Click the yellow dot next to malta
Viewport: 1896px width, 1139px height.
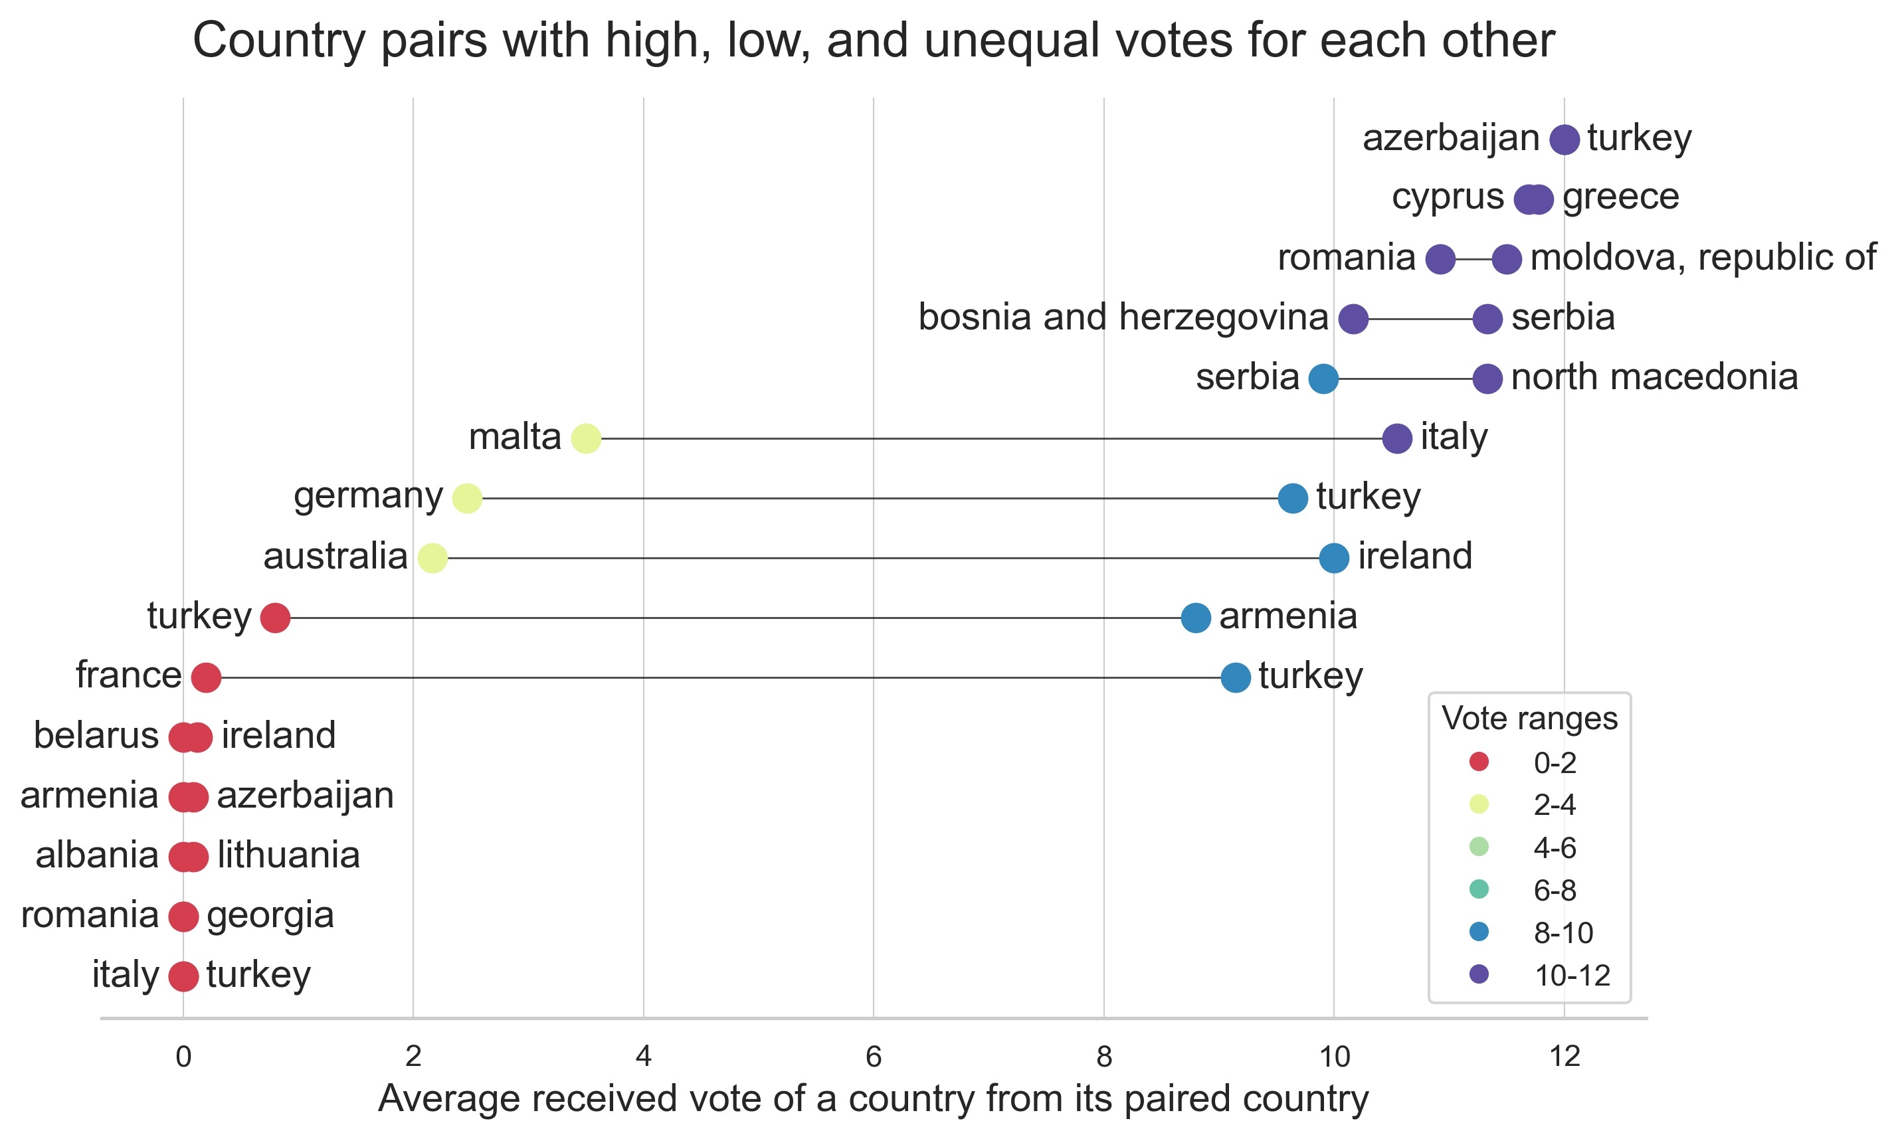tap(586, 438)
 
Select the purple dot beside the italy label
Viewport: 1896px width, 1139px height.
tap(1396, 438)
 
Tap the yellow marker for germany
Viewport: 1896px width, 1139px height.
tap(467, 498)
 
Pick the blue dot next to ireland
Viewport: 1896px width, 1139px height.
tap(1333, 558)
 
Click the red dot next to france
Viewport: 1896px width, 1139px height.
tap(206, 677)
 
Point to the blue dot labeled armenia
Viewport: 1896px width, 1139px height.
tap(1195, 618)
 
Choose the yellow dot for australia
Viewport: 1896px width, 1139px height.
tap(432, 558)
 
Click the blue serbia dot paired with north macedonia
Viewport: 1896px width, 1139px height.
tap(1323, 379)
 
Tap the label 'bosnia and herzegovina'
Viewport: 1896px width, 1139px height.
tap(1122, 317)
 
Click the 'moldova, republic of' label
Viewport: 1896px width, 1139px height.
tap(1703, 257)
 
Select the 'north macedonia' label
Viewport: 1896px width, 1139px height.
tap(1654, 377)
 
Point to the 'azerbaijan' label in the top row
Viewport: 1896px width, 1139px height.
tap(1450, 138)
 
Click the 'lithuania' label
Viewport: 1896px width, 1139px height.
tap(288, 855)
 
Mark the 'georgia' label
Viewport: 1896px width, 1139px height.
tap(270, 915)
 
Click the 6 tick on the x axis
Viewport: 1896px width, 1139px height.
tap(873, 1057)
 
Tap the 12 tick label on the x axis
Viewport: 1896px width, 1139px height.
tap(1564, 1057)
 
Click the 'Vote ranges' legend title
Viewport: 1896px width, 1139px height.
tap(1529, 719)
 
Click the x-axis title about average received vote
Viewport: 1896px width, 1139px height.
tap(873, 1098)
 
